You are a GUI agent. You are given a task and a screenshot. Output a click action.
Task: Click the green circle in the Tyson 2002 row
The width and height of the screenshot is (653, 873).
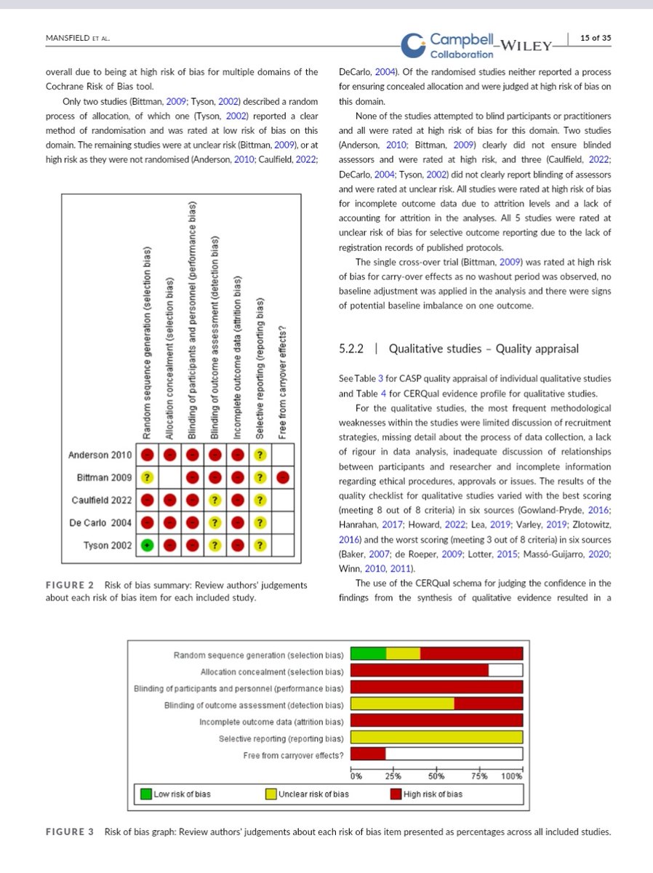point(147,545)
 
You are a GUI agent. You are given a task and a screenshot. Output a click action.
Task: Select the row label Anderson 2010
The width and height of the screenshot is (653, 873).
point(100,455)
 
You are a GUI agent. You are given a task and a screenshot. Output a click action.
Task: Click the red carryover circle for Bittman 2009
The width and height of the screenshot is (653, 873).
point(284,477)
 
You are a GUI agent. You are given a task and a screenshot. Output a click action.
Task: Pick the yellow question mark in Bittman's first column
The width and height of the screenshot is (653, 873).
point(147,477)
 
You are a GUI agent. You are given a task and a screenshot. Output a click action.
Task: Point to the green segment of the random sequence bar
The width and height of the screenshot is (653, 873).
point(368,654)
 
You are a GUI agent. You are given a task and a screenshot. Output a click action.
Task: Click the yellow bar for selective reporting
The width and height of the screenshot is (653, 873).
point(436,738)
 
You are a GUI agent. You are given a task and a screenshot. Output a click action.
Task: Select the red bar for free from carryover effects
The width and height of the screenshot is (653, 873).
point(368,755)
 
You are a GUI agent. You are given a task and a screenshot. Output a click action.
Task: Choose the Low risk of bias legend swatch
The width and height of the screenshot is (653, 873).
point(146,794)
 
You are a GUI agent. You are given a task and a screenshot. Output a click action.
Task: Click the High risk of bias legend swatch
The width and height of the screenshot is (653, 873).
point(396,794)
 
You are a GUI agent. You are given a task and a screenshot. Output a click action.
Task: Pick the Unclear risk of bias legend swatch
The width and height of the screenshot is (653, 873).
point(271,794)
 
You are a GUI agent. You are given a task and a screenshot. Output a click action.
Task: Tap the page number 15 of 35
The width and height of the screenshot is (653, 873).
point(595,39)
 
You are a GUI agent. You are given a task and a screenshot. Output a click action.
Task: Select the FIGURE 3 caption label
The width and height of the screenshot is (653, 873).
point(70,832)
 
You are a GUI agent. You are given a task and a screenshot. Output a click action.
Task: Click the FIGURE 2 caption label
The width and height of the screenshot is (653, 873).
point(70,585)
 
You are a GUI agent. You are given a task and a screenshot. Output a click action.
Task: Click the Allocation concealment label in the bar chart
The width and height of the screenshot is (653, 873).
point(272,671)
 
